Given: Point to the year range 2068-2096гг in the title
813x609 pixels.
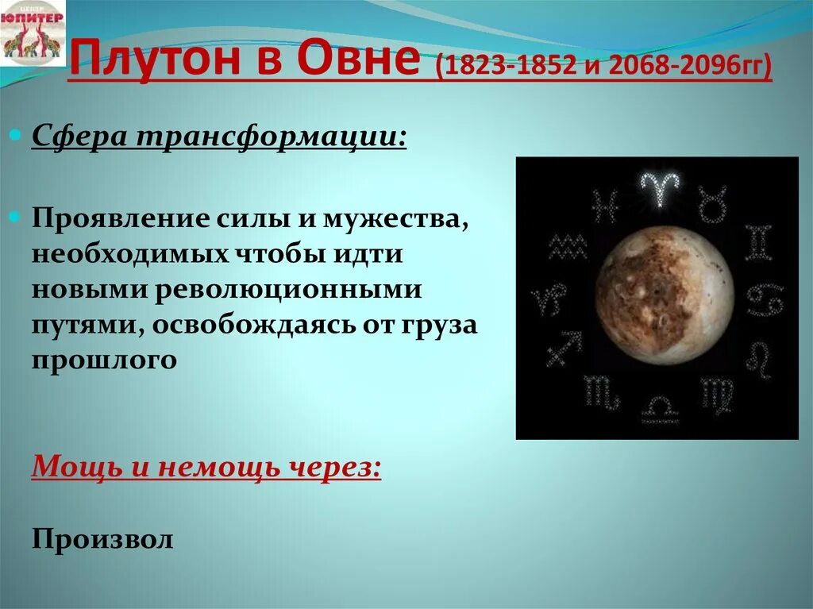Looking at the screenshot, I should tap(683, 65).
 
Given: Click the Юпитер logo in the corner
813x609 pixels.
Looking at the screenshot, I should tap(33, 37).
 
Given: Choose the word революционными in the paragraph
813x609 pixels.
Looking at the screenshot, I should tap(290, 290).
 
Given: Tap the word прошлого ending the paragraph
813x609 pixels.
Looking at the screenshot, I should tap(103, 360).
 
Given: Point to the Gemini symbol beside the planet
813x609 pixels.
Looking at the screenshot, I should tap(757, 242).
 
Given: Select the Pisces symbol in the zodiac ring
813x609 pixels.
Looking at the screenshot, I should tap(606, 206).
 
